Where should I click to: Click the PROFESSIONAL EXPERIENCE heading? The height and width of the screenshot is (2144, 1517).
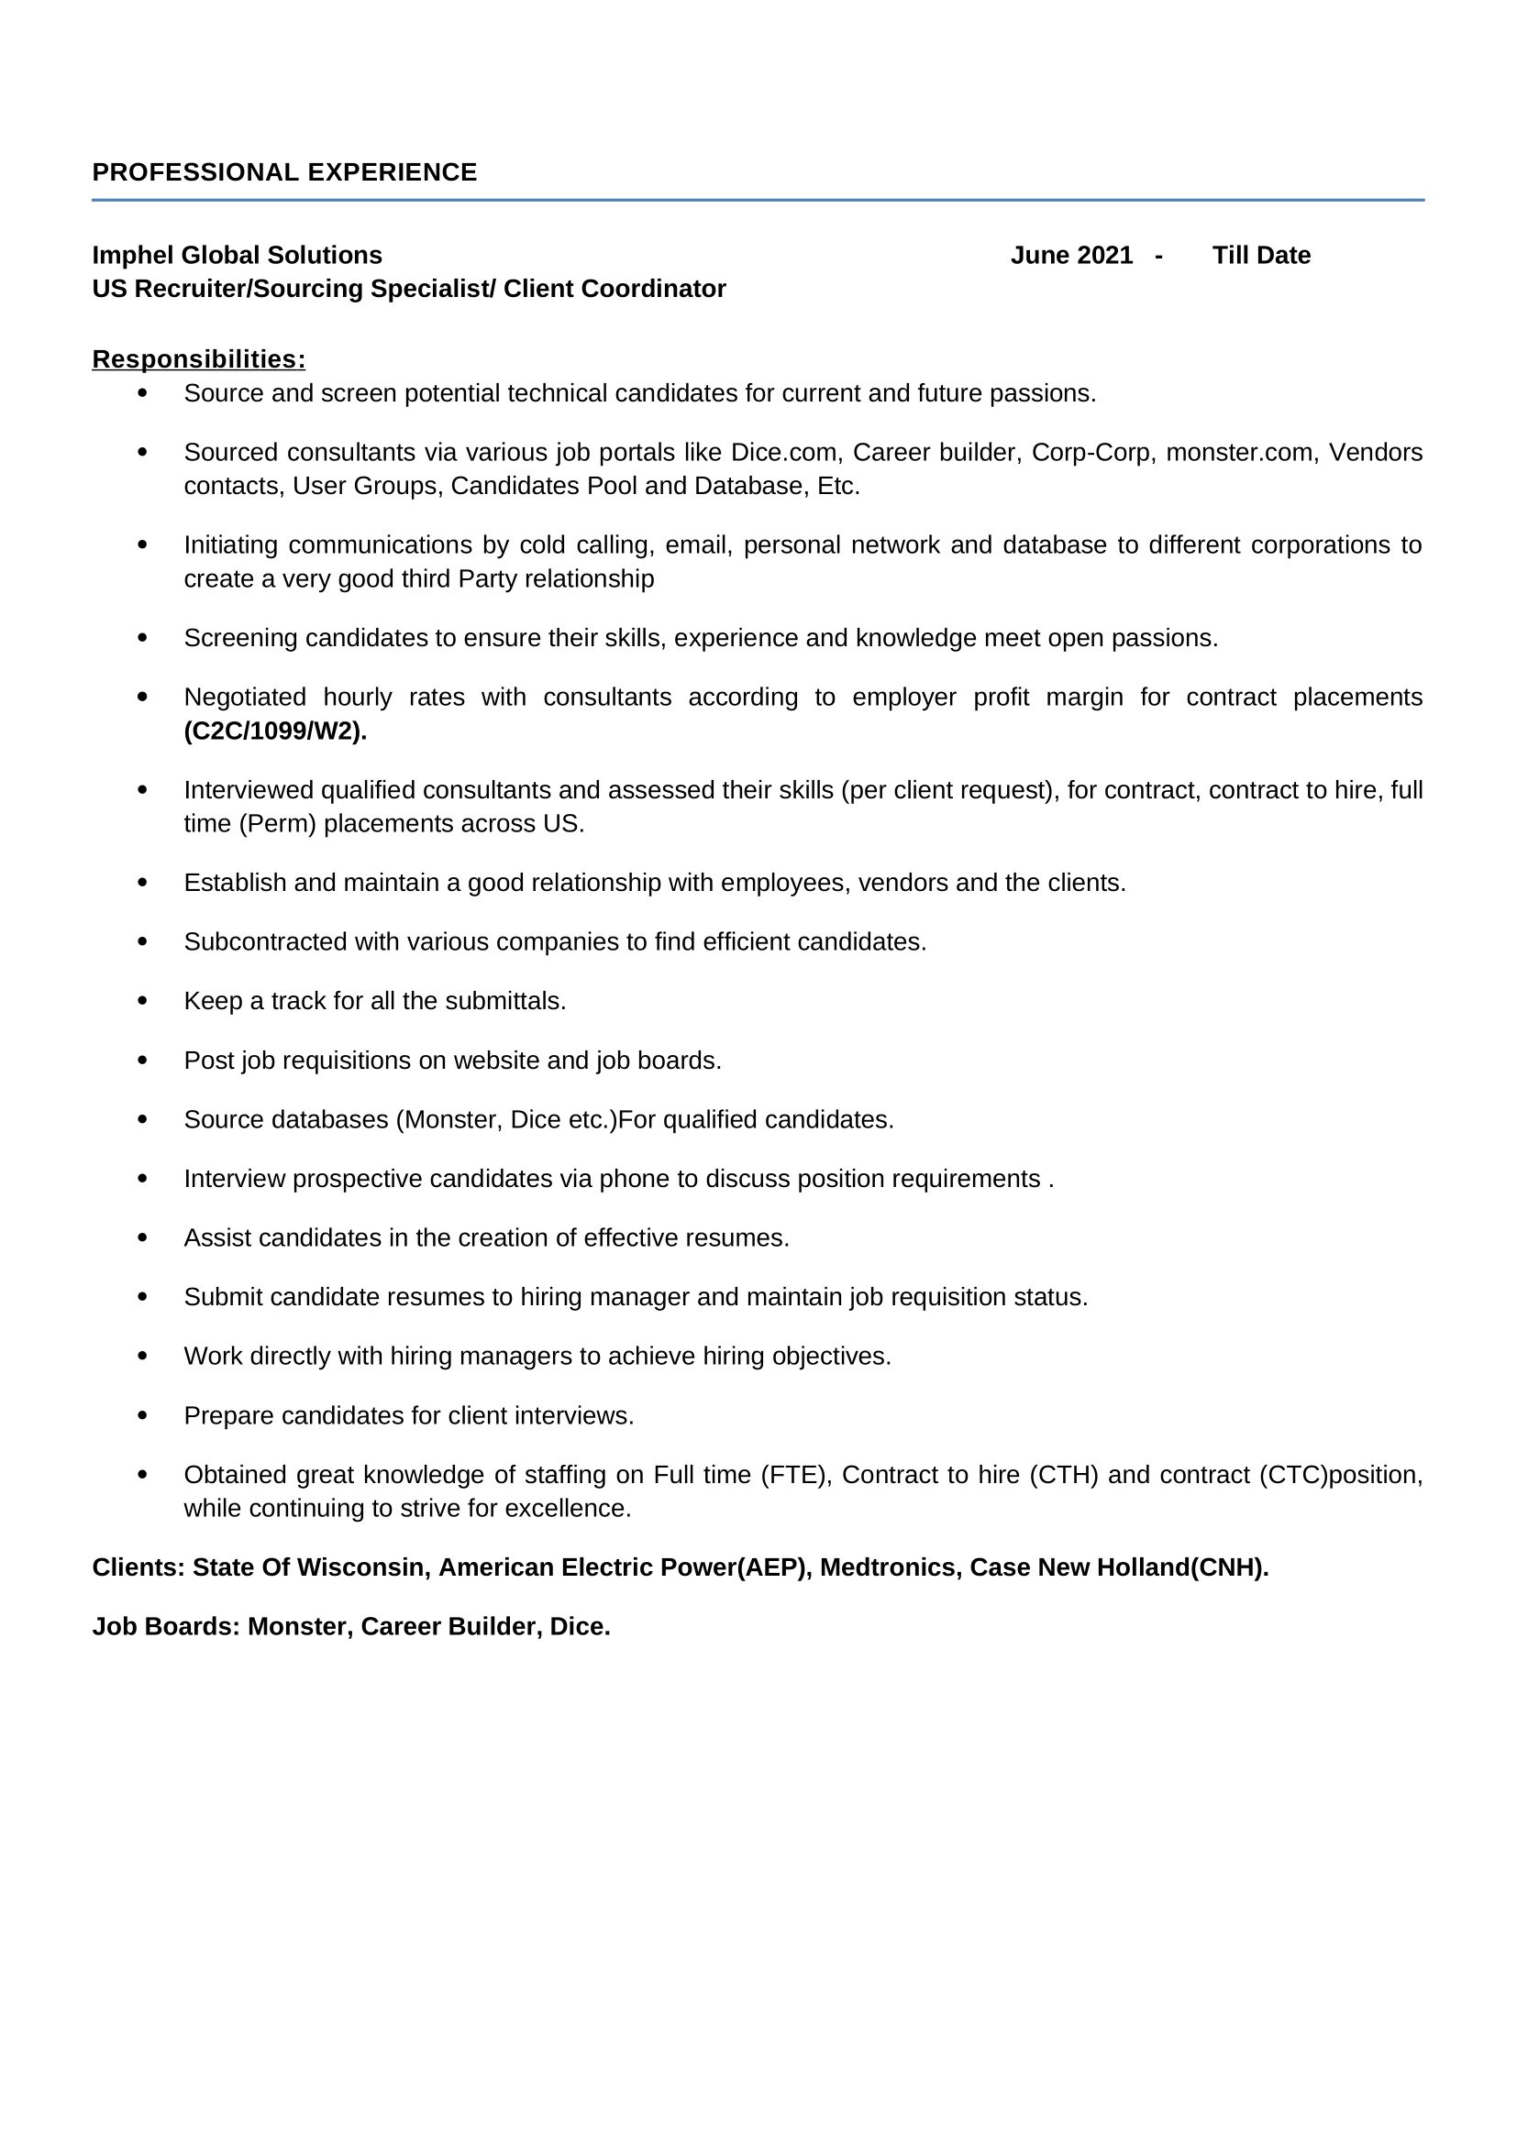tap(284, 172)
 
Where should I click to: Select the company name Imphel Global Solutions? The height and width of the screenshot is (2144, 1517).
tap(238, 255)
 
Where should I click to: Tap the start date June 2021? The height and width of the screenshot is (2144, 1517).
tap(1071, 255)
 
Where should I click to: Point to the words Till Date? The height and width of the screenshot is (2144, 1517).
tap(1261, 255)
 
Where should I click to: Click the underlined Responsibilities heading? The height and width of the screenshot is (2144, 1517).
tap(198, 359)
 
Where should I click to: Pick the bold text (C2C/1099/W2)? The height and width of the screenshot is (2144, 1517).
tap(275, 731)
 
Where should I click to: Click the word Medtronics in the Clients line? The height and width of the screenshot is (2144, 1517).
tap(891, 1567)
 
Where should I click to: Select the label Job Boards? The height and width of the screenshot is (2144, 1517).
tap(166, 1627)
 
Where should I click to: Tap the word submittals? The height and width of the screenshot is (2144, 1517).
tap(504, 1001)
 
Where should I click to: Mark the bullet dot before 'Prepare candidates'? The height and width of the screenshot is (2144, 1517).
tap(142, 1414)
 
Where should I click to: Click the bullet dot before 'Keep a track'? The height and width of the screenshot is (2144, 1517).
tap(142, 1000)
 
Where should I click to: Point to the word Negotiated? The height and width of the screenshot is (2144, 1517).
tap(245, 698)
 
